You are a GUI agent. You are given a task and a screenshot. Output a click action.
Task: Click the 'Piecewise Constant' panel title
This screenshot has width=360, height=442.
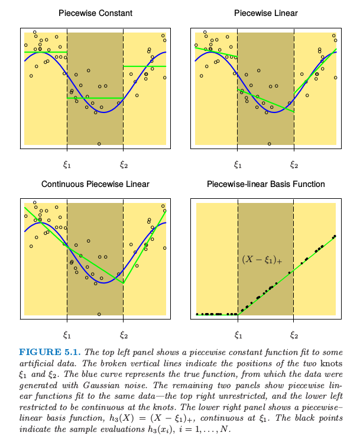[x=95, y=13]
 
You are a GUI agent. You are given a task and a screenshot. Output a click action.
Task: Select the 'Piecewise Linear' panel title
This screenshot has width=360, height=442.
[x=265, y=13]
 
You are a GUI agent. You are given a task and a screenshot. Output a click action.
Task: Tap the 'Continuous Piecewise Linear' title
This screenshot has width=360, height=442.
[x=95, y=184]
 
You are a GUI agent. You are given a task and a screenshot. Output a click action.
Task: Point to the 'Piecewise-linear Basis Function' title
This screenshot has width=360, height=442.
[x=265, y=184]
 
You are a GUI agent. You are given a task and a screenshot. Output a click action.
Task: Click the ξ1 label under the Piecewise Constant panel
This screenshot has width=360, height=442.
[x=67, y=164]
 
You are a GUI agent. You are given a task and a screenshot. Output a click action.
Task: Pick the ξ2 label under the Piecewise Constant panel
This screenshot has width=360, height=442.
[x=124, y=164]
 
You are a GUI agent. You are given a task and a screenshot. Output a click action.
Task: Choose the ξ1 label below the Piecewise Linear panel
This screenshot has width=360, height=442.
[x=238, y=164]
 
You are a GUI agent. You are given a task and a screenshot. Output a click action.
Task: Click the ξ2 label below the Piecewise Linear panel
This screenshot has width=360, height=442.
[x=294, y=164]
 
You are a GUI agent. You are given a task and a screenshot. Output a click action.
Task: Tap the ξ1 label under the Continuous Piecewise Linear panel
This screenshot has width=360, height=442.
[x=67, y=335]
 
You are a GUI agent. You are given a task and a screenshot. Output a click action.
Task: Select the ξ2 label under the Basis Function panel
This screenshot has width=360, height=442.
[x=294, y=335]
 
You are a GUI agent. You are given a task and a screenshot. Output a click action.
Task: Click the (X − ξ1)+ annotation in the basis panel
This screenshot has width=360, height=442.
[x=262, y=260]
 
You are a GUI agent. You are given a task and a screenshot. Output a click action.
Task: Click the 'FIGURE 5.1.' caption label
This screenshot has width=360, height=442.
[x=50, y=352]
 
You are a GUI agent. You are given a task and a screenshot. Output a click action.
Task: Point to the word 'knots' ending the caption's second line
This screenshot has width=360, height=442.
[x=332, y=363]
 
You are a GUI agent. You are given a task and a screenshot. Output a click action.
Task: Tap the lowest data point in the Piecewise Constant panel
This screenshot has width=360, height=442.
[x=99, y=144]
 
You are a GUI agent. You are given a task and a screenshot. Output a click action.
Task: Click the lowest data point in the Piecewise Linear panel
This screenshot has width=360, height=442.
[x=270, y=144]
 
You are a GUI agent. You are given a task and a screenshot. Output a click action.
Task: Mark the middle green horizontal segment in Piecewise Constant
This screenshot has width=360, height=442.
[x=95, y=98]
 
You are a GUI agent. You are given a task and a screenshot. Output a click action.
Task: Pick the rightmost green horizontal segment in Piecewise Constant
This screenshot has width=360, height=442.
[x=144, y=66]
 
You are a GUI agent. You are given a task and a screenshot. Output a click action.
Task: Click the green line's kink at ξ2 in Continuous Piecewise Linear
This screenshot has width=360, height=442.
[x=123, y=283]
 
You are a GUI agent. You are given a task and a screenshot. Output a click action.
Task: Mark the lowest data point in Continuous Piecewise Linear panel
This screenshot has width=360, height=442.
[x=99, y=314]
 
